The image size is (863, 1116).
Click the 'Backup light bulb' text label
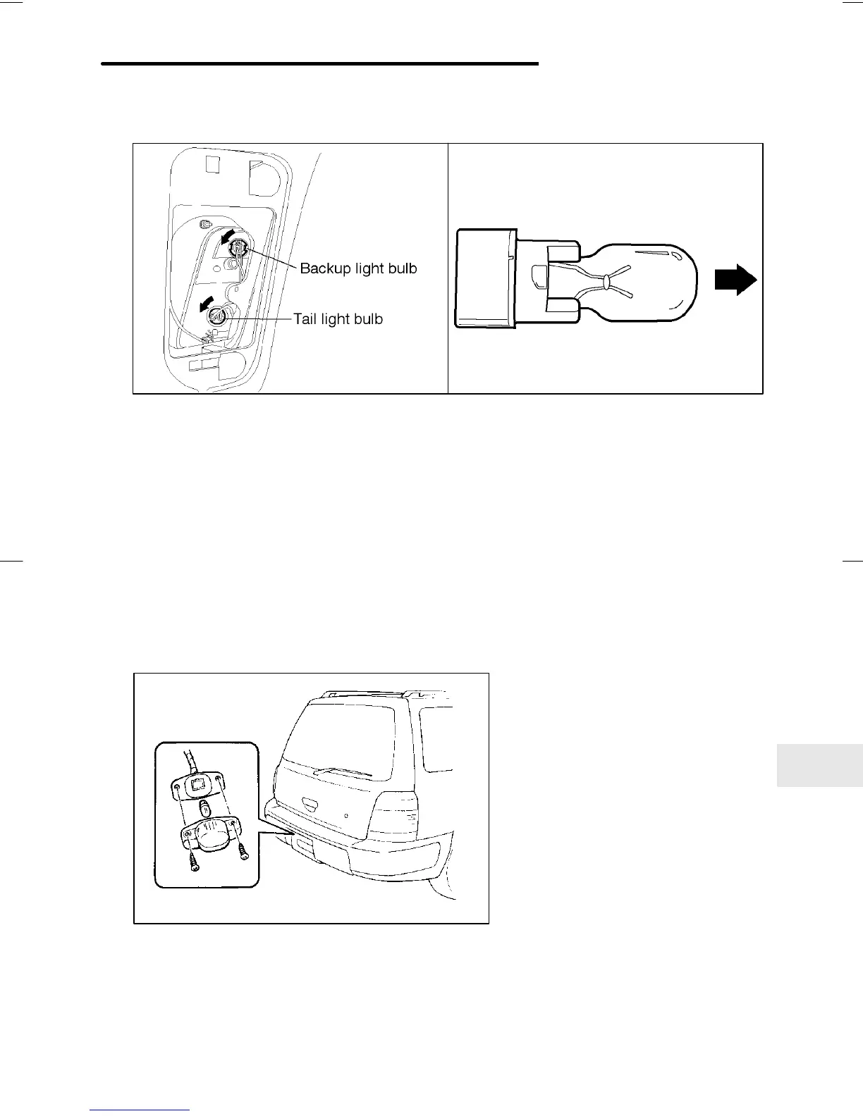coord(358,268)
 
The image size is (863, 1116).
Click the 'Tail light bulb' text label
coord(338,319)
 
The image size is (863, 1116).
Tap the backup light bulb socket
coord(239,248)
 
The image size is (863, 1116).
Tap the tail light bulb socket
coord(216,316)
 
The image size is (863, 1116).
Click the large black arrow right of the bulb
coord(735,280)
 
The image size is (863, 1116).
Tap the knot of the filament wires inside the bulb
coord(606,282)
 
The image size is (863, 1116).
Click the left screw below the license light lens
coord(194,859)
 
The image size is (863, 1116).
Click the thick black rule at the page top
coord(319,63)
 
